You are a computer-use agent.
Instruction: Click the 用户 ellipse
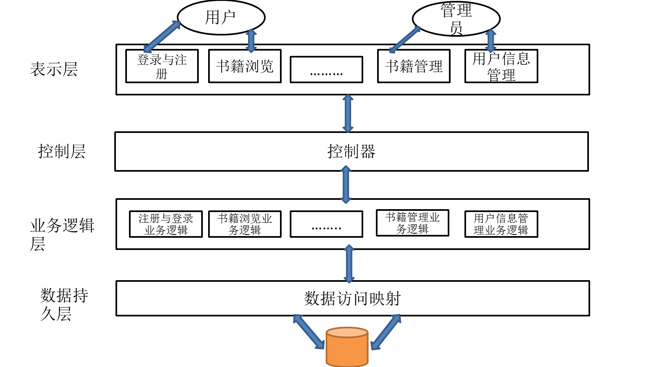pyautogui.click(x=221, y=18)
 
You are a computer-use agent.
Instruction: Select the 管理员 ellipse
pyautogui.click(x=456, y=19)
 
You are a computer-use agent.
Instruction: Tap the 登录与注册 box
pyautogui.click(x=162, y=66)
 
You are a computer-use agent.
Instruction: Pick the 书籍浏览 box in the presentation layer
pyautogui.click(x=245, y=66)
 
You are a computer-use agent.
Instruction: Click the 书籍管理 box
pyautogui.click(x=414, y=66)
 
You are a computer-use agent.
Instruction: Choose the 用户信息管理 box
pyautogui.click(x=501, y=66)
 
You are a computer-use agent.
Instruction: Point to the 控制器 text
pyautogui.click(x=351, y=152)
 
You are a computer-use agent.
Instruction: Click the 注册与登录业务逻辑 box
pyautogui.click(x=166, y=224)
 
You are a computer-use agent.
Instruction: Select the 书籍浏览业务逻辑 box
pyautogui.click(x=245, y=224)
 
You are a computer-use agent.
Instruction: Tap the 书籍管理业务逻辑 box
pyautogui.click(x=412, y=223)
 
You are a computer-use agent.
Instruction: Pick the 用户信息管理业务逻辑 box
pyautogui.click(x=501, y=224)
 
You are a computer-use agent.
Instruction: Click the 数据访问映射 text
pyautogui.click(x=353, y=298)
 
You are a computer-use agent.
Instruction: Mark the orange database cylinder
pyautogui.click(x=347, y=347)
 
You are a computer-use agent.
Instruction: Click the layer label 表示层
pyautogui.click(x=54, y=69)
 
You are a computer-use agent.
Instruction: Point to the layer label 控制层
pyautogui.click(x=62, y=151)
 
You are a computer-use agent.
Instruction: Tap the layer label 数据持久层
pyautogui.click(x=64, y=304)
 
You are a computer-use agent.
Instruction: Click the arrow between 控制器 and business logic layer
pyautogui.click(x=346, y=185)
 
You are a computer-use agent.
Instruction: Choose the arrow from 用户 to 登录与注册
pyautogui.click(x=162, y=37)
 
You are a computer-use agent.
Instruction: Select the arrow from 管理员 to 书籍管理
pyautogui.click(x=404, y=40)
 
